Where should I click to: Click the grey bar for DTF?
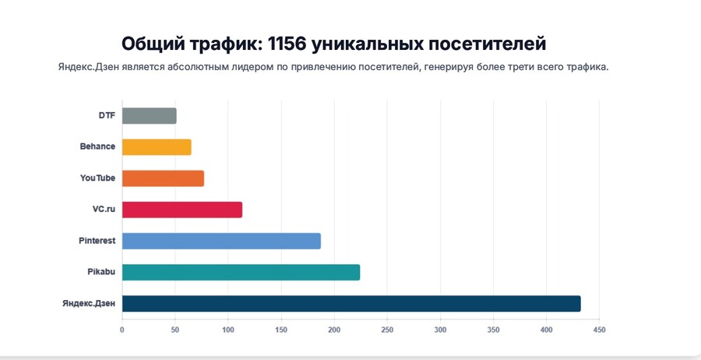tap(149, 116)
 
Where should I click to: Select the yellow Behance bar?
tap(157, 146)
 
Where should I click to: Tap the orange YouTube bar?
tap(163, 178)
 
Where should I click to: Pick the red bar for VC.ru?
tap(182, 210)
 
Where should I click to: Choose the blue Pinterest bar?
tap(221, 241)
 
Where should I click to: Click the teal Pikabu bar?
tap(241, 272)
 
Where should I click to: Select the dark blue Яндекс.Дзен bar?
tap(351, 303)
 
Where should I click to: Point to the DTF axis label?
tap(107, 116)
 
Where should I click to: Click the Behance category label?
tap(97, 146)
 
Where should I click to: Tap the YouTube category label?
tap(97, 178)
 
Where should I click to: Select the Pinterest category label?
tap(97, 241)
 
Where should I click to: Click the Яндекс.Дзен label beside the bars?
tap(89, 303)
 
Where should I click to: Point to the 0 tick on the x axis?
tap(122, 330)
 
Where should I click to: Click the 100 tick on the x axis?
tap(228, 330)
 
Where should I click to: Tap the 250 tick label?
tap(387, 330)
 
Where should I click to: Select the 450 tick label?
tap(599, 330)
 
